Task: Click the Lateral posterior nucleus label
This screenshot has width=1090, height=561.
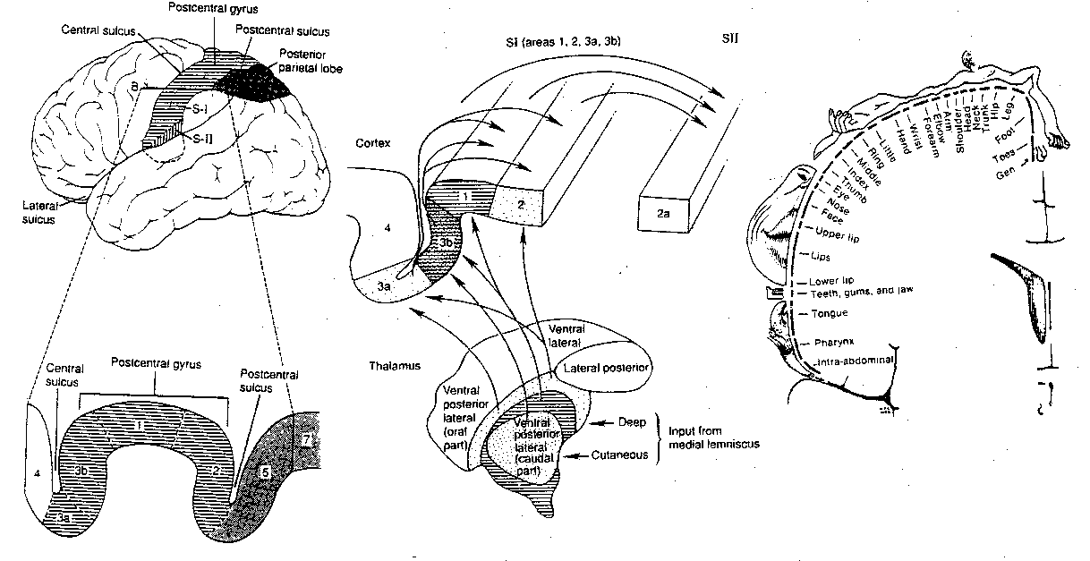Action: (604, 368)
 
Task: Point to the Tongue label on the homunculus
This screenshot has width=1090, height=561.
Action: (829, 314)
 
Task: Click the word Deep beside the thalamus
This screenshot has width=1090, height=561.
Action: (632, 421)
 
